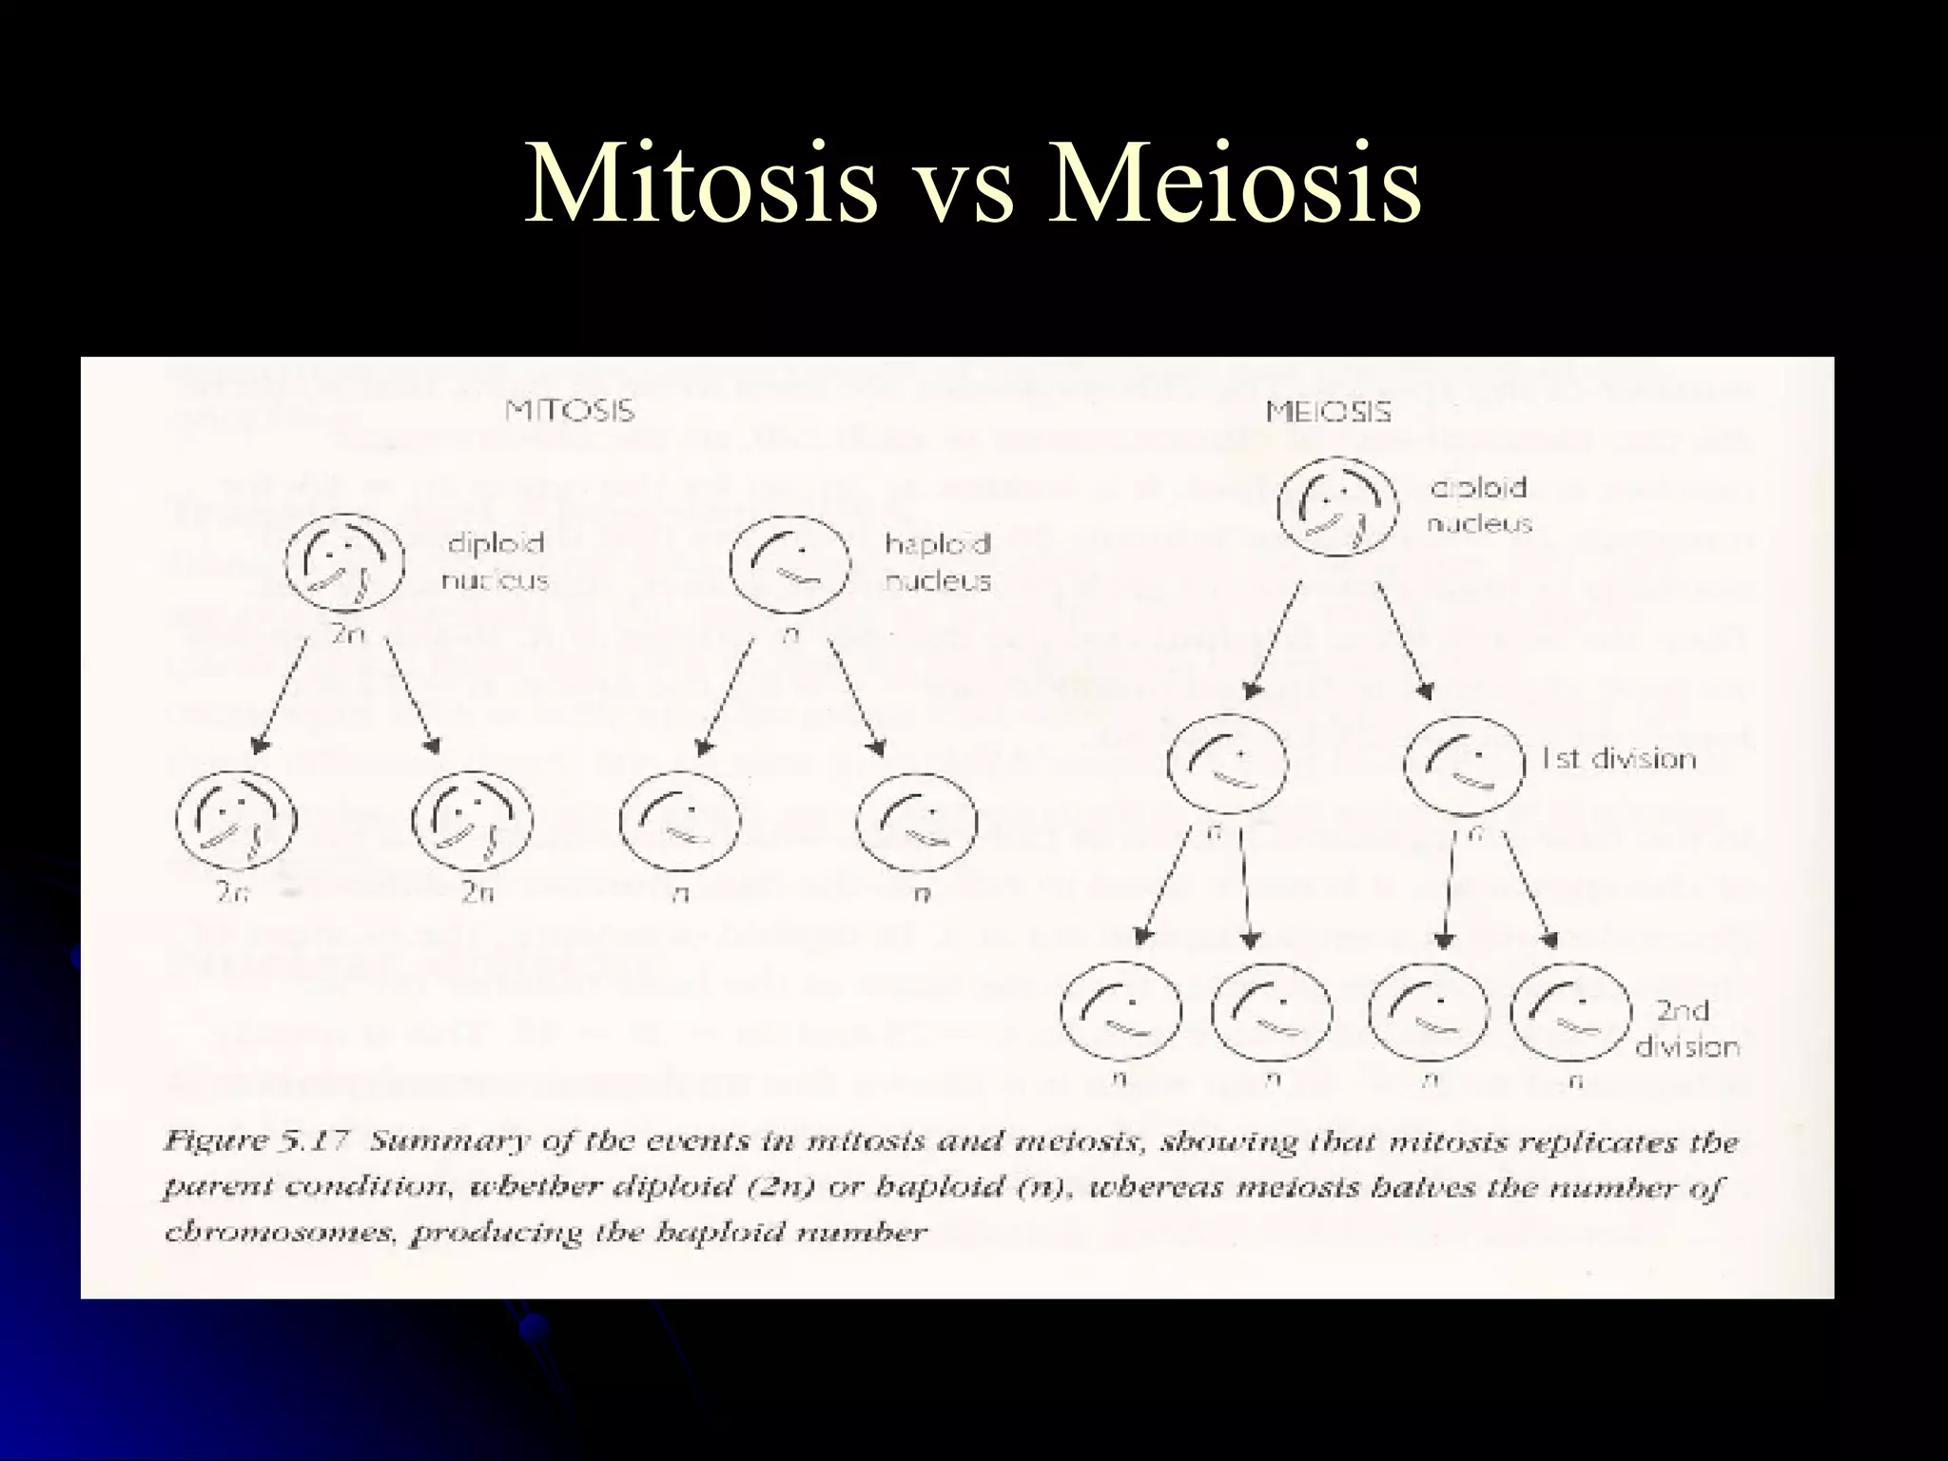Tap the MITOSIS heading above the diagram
pyautogui.click(x=570, y=411)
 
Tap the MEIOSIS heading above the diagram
pyautogui.click(x=1329, y=412)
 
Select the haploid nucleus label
pyautogui.click(x=938, y=562)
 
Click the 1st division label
pyautogui.click(x=1618, y=759)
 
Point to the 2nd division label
pyautogui.click(x=1686, y=1028)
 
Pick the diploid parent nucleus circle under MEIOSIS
pyautogui.click(x=1337, y=507)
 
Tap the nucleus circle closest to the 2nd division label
pyautogui.click(x=1570, y=1011)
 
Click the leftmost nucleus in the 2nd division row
pyautogui.click(x=1120, y=1011)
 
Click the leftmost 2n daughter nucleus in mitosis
pyautogui.click(x=236, y=819)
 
